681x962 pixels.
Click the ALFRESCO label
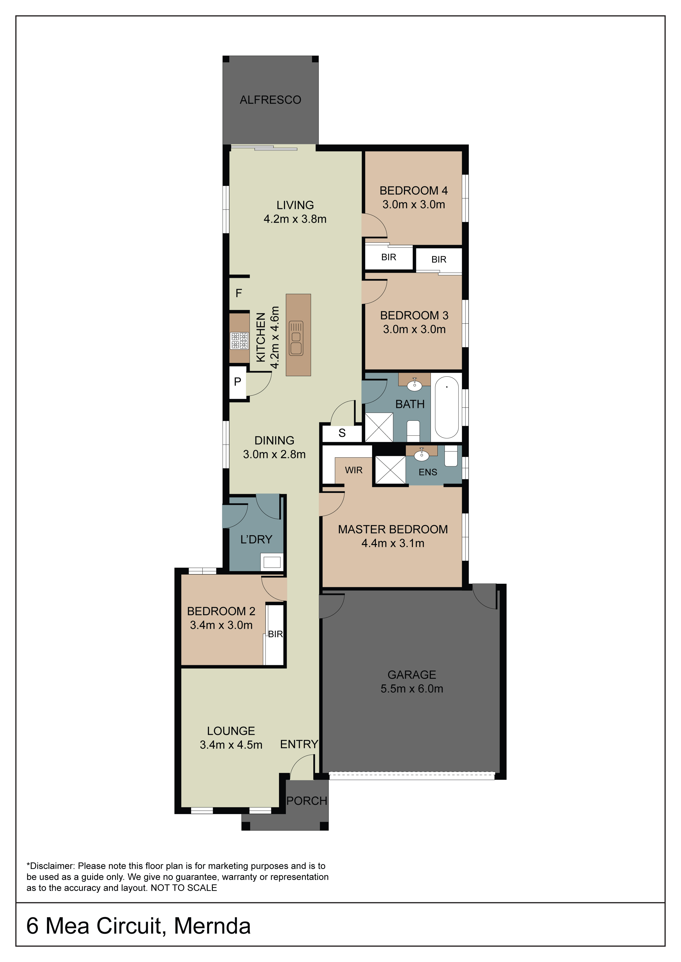tap(270, 100)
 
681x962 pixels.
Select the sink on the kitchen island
tap(296, 338)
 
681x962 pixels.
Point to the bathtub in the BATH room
tap(446, 407)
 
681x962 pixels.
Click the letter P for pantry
tap(237, 381)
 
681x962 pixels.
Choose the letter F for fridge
tap(239, 293)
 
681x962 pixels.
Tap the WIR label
tap(353, 470)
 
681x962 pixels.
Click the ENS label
tap(428, 472)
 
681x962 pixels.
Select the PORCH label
tap(306, 801)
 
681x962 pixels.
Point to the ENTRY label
tap(299, 744)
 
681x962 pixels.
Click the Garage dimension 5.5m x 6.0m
tap(412, 689)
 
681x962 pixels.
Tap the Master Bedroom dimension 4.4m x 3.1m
tap(393, 543)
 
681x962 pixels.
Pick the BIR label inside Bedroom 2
tap(275, 634)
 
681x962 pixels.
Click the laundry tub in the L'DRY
tap(272, 562)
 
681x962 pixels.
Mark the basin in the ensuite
tap(422, 455)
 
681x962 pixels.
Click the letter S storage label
tap(342, 433)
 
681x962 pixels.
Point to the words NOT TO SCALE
tap(184, 888)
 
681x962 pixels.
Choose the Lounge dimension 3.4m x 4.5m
tap(231, 744)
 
